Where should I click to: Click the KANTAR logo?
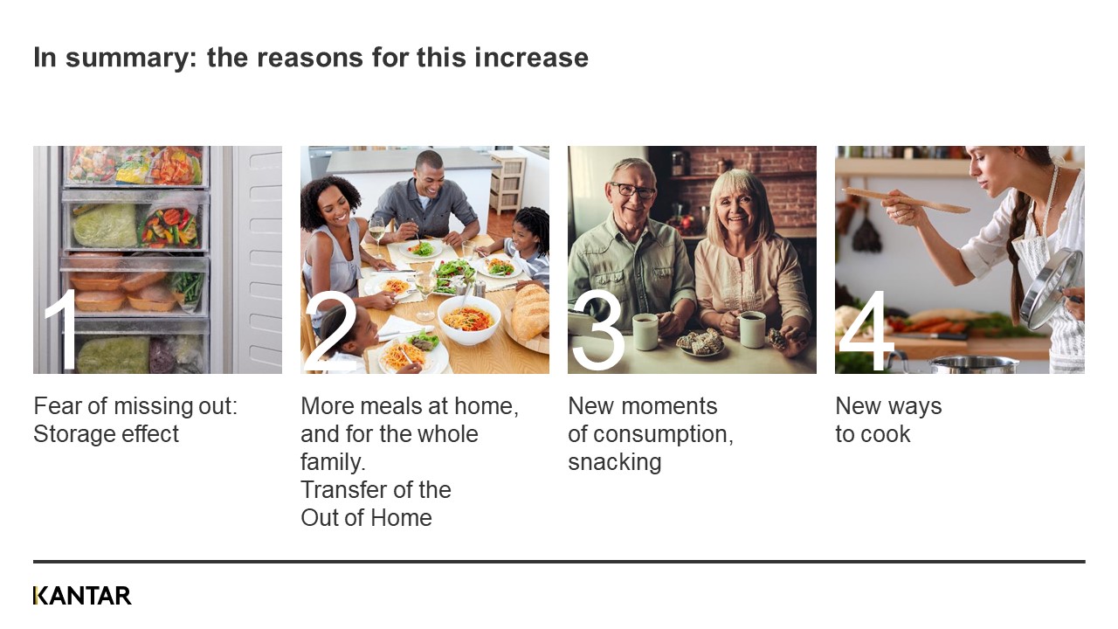click(82, 596)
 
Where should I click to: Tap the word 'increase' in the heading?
click(531, 57)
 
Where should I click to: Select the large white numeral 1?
click(62, 329)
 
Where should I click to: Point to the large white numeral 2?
click(329, 330)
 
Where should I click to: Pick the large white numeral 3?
click(598, 330)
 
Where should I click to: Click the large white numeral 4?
click(866, 330)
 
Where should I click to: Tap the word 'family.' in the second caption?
click(333, 462)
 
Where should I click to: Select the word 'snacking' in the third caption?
click(614, 462)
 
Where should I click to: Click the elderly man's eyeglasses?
click(631, 190)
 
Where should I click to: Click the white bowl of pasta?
click(469, 320)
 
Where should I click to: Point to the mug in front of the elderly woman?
click(751, 328)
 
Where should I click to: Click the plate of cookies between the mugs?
click(700, 343)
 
